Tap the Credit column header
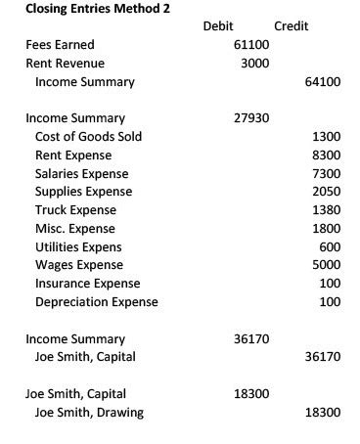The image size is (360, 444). (x=291, y=26)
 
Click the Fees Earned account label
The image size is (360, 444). (x=60, y=45)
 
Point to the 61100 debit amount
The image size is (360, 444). (x=251, y=45)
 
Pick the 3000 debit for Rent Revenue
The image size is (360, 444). (x=254, y=64)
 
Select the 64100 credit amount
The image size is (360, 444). (x=323, y=82)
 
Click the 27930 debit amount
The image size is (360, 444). (x=251, y=118)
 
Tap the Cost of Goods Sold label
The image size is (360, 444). (x=88, y=137)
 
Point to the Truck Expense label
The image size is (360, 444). (x=75, y=210)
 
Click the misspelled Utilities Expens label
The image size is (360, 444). (x=78, y=246)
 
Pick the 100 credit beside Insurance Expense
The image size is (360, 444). (x=330, y=284)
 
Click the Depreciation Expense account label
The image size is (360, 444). (x=96, y=302)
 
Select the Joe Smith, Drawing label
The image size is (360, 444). (x=88, y=412)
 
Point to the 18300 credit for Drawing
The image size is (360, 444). (x=323, y=412)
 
